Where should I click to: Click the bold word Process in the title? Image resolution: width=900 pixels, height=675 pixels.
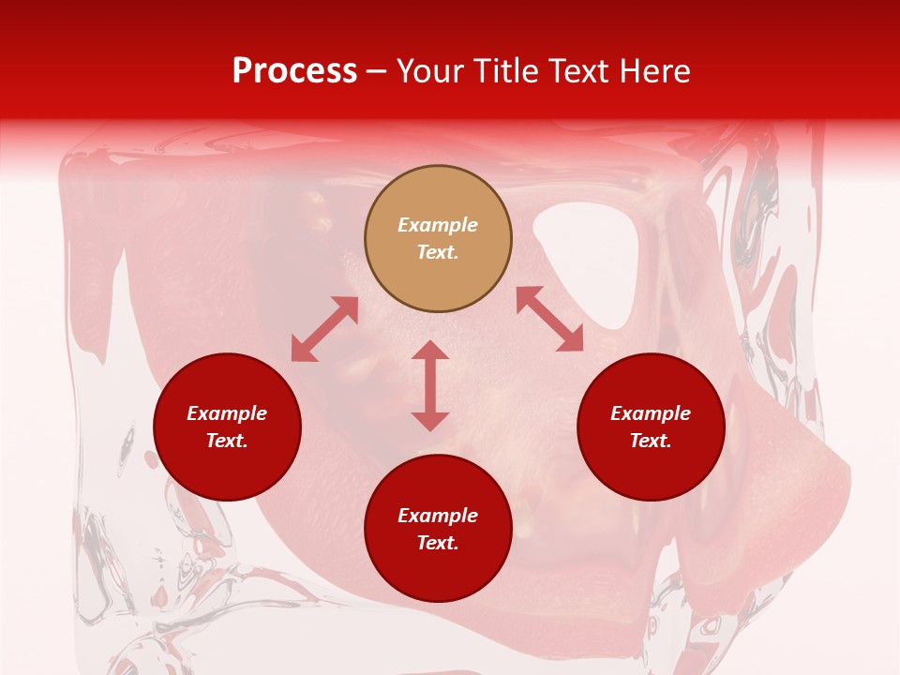tap(294, 71)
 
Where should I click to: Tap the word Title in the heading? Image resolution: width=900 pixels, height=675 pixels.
tap(511, 71)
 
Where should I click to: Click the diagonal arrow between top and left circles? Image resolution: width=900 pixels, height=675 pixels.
tap(324, 329)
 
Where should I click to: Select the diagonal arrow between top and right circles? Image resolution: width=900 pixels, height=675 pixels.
tap(549, 319)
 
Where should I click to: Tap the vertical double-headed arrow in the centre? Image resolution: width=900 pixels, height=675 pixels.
tap(430, 385)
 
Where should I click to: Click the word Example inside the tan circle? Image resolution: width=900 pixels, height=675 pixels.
tap(438, 225)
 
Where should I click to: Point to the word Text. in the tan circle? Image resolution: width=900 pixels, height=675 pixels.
tap(438, 252)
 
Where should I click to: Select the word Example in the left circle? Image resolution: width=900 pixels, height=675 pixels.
tap(227, 413)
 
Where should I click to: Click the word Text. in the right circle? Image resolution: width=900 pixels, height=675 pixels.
tap(651, 441)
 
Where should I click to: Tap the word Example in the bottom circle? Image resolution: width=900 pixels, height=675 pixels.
tap(438, 516)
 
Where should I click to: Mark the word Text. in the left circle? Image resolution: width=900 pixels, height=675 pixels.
tap(227, 441)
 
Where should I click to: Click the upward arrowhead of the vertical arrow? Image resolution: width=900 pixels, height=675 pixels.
tap(430, 350)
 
